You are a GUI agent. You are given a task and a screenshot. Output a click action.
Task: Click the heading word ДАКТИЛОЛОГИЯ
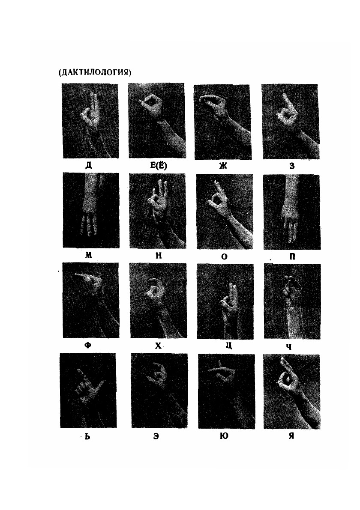95,72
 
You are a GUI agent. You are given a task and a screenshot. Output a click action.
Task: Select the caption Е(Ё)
159,166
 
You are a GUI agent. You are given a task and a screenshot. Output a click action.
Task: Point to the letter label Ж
223,166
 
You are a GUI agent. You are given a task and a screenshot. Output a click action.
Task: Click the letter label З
292,166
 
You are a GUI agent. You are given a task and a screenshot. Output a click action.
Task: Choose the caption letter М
88,255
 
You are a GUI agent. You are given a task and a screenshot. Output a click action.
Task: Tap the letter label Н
159,255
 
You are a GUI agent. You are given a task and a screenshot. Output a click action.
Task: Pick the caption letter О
224,256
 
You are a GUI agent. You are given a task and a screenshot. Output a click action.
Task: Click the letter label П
292,256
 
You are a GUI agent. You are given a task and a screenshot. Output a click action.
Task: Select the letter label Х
158,346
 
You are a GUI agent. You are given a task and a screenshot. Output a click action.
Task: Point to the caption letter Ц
229,346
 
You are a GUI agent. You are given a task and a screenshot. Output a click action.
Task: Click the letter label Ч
289,347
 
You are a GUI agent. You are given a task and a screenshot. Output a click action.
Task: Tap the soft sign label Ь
87,436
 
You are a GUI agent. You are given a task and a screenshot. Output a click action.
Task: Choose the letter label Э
156,436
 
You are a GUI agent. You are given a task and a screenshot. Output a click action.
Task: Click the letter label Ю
224,436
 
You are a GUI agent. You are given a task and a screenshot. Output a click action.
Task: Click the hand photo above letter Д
90,121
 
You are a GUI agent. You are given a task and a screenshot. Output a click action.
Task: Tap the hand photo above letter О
225,212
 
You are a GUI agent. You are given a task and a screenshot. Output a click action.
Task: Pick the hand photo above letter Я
292,391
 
